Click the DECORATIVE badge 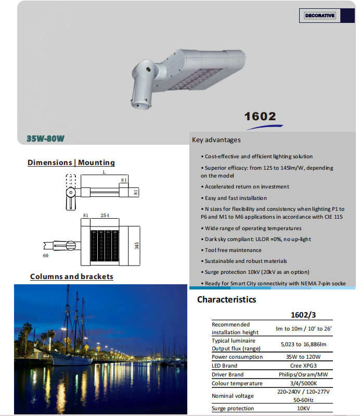point(320,16)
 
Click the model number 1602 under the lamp point(260,116)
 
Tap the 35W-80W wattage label point(45,139)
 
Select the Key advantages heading point(216,140)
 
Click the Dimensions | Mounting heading point(71,163)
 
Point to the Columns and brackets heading point(72,276)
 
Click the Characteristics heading point(226,299)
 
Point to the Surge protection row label point(233,409)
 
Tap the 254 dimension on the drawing point(105,216)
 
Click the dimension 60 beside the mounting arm point(45,256)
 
